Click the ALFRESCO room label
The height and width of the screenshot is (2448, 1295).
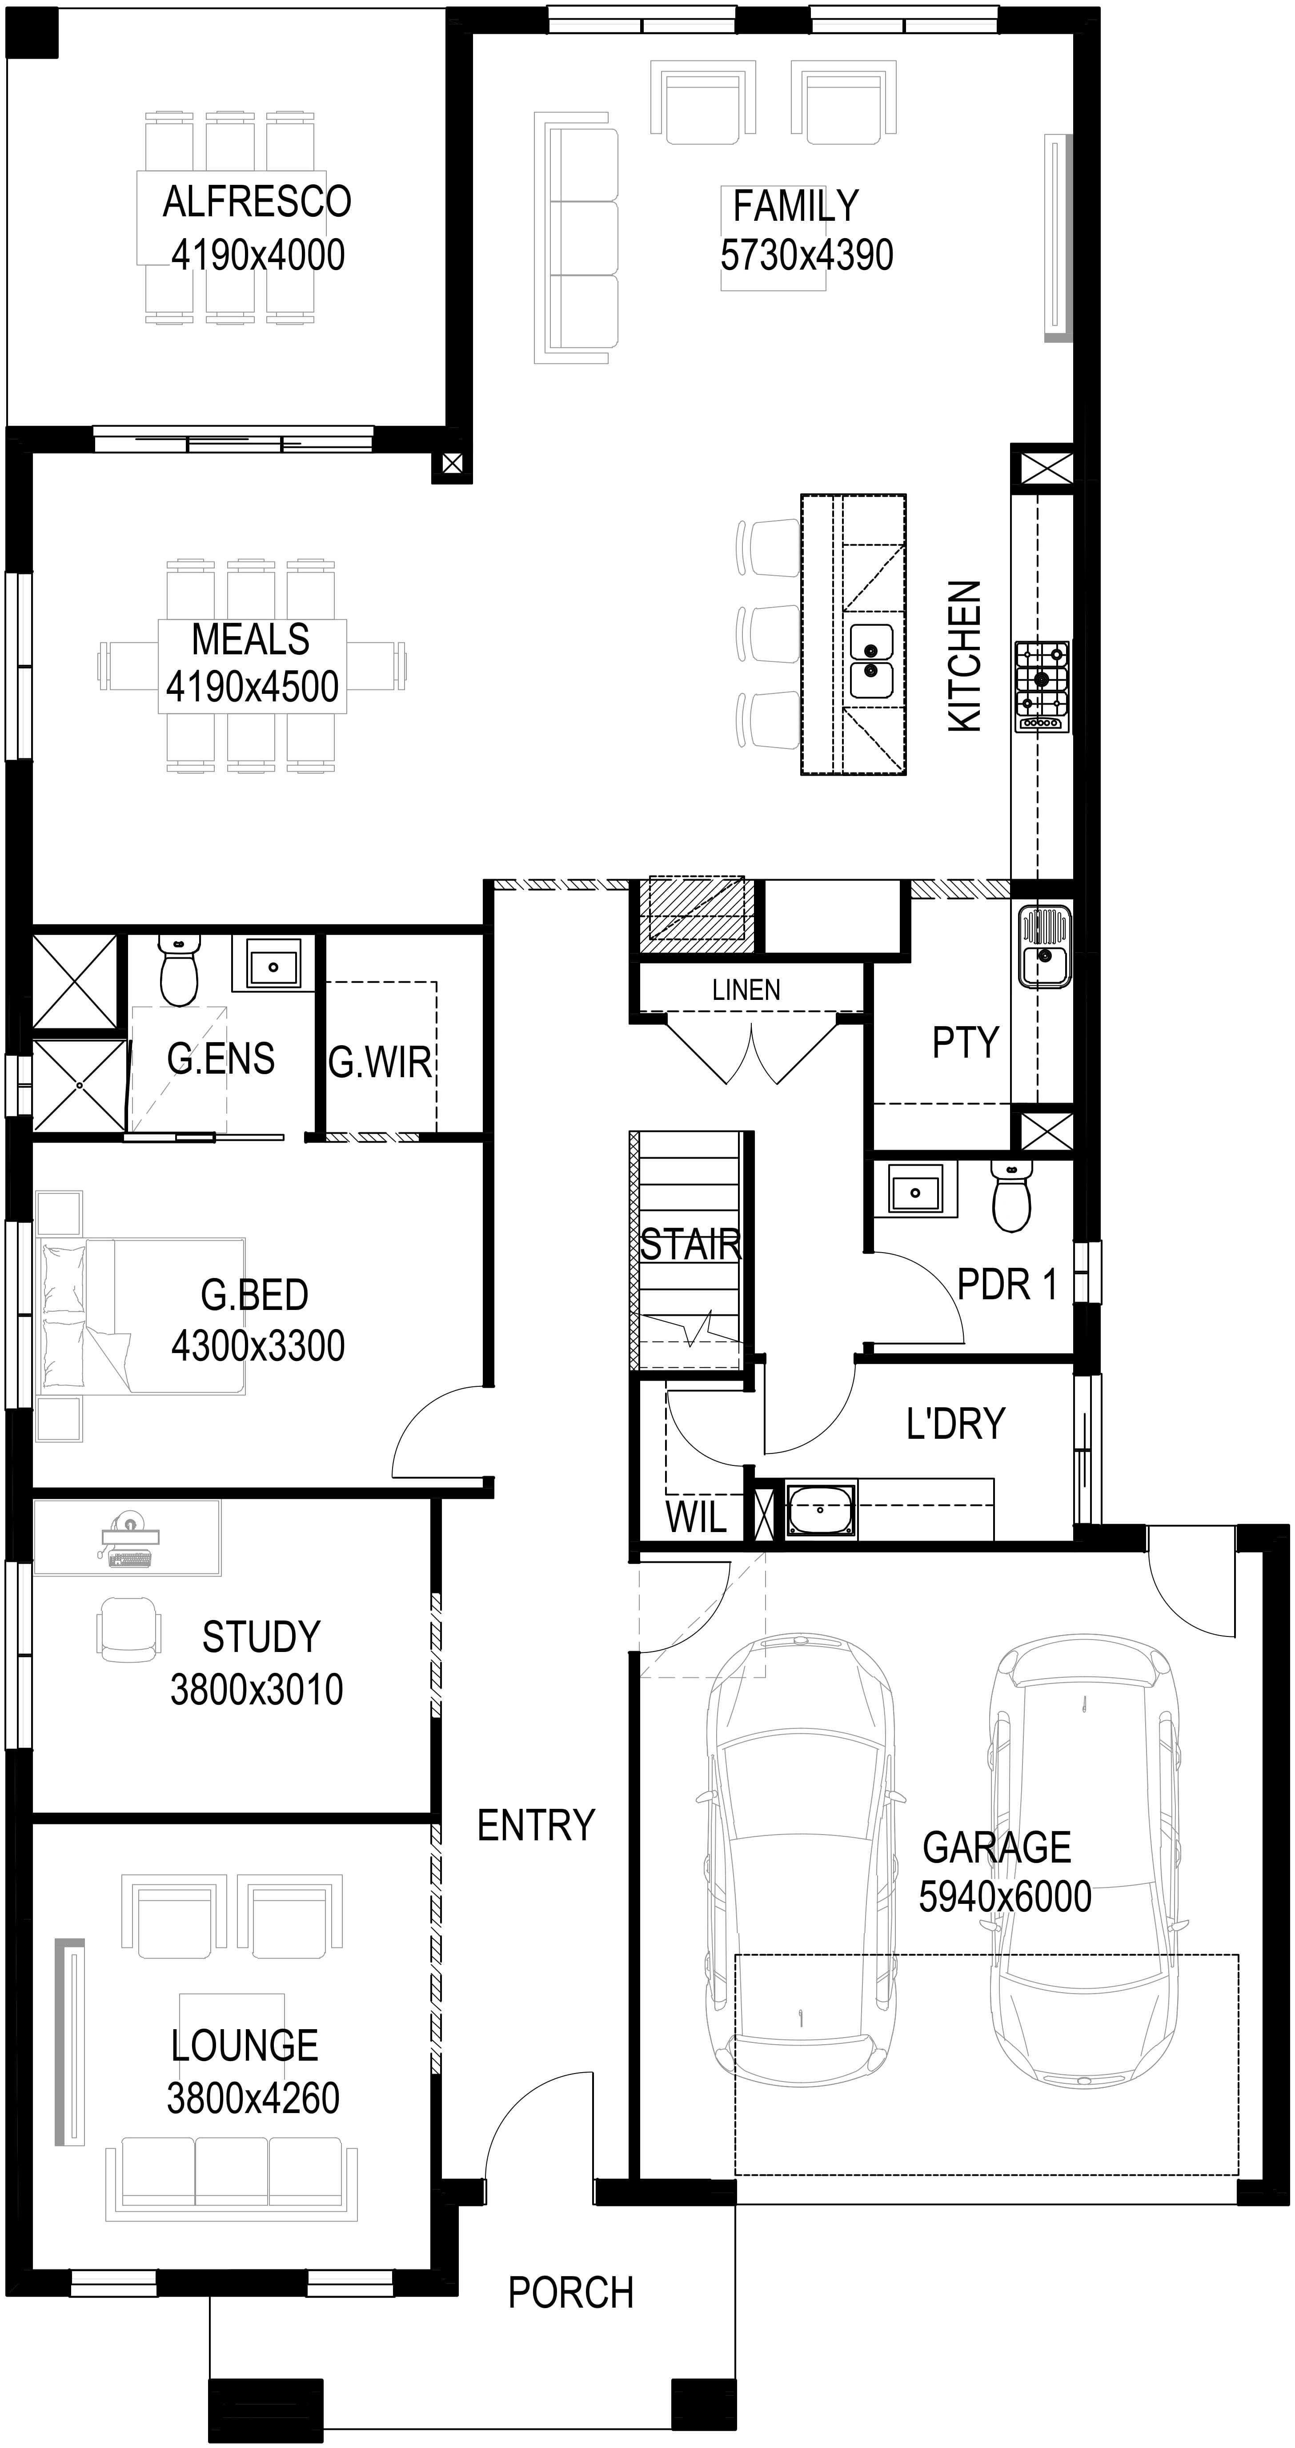point(257,202)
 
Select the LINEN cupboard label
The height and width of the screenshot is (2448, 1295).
point(746,990)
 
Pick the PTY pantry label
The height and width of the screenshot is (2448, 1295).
point(965,1043)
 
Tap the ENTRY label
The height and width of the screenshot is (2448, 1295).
point(536,1826)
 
